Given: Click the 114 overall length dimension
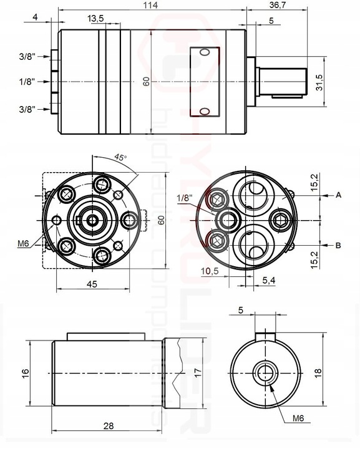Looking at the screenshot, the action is click(151, 5).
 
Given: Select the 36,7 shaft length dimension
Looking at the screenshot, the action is click(278, 5).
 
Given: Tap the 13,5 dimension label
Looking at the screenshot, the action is click(95, 19).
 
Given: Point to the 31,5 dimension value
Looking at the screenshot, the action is click(319, 82).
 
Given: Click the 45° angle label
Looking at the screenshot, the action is click(120, 157).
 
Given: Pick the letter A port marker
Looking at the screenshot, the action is click(339, 195).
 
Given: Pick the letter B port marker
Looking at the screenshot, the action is click(338, 246).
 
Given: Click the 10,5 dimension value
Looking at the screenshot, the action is click(210, 271).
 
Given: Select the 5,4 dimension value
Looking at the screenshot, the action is click(269, 281).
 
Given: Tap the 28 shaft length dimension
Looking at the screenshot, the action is click(109, 426).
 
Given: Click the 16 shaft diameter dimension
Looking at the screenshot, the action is click(26, 373).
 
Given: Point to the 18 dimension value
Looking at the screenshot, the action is click(318, 373).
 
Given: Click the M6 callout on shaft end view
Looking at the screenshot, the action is click(298, 418).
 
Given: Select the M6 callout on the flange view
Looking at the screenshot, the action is click(24, 243).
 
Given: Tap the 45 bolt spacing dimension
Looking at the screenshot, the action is click(92, 284).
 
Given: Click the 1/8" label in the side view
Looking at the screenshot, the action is click(27, 82).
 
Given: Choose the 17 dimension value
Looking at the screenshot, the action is click(198, 372).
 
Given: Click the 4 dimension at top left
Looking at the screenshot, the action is click(35, 17).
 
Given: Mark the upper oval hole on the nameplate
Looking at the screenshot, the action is click(205, 52).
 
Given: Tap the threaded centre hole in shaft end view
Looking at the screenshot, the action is click(265, 373).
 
